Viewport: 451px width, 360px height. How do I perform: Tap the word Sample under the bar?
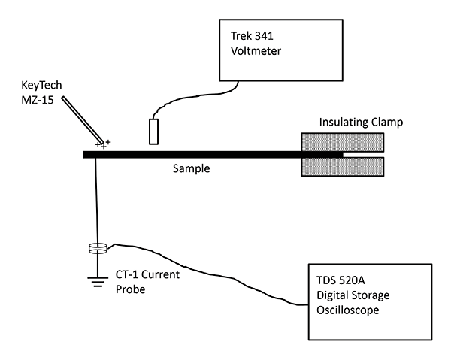pos(189,169)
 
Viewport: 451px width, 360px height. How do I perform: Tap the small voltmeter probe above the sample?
pos(153,131)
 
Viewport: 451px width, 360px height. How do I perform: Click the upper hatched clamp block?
pos(343,141)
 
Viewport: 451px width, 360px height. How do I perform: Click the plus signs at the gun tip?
pos(103,143)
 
